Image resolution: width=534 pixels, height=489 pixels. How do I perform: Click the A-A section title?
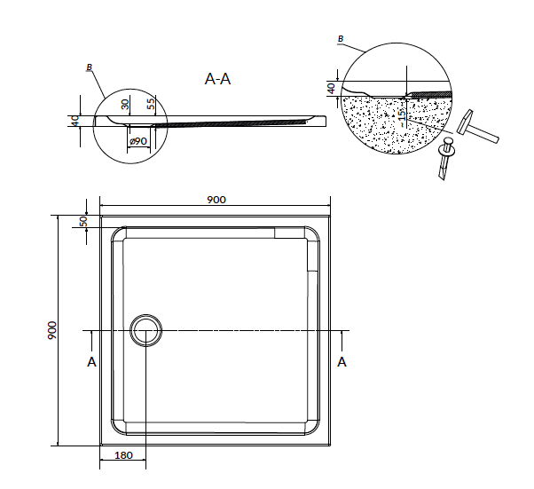coord(217,79)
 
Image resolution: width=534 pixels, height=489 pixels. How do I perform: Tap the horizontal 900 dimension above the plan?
coord(216,200)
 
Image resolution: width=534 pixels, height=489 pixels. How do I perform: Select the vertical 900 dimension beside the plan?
coord(51,330)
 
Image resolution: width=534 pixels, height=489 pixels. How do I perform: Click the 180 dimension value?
coord(123,455)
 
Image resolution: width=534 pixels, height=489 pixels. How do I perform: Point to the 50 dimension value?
coord(83,221)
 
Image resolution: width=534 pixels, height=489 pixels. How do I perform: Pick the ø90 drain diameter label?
coord(138,141)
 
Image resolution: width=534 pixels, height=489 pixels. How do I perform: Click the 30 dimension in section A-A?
coord(125,104)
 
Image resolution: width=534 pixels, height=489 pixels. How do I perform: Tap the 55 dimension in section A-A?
coord(151,103)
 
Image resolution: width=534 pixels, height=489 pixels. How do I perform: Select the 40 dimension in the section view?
coord(75,121)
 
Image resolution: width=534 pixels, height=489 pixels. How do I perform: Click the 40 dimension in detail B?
coord(331,88)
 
